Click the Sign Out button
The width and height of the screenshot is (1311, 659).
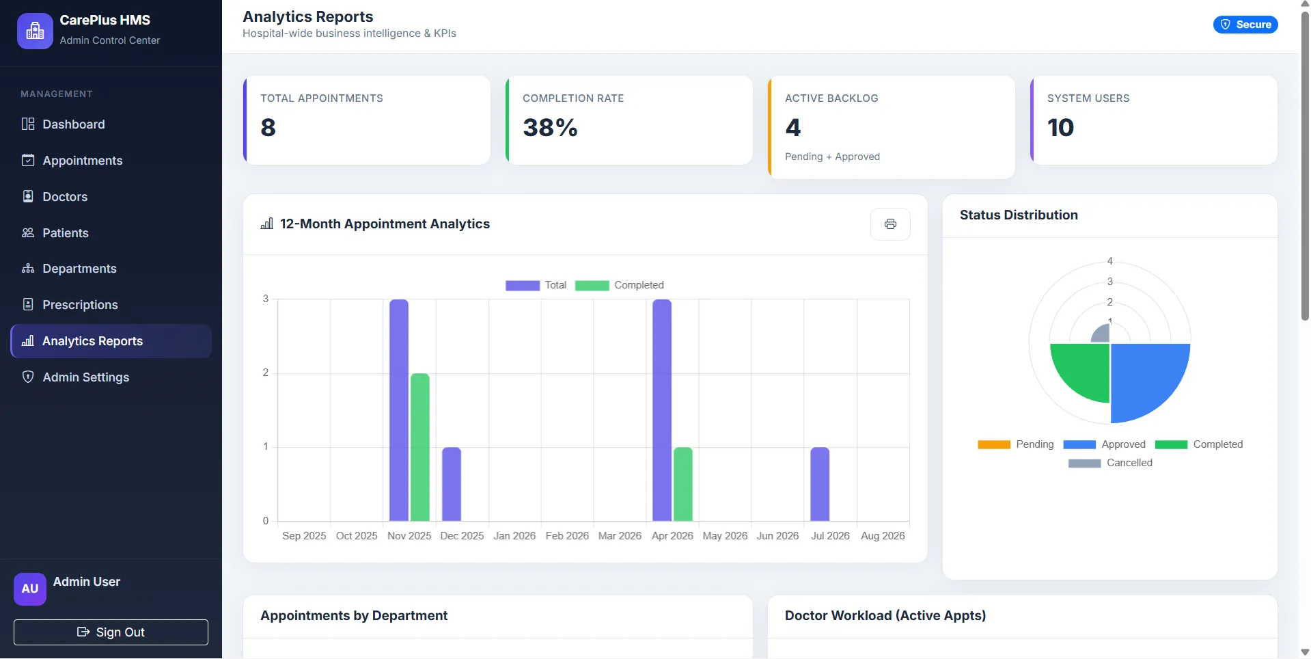point(111,632)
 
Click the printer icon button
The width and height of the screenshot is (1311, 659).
point(890,224)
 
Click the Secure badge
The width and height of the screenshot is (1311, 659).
point(1245,25)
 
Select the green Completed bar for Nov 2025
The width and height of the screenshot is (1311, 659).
point(420,447)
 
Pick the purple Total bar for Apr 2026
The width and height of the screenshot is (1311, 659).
point(662,410)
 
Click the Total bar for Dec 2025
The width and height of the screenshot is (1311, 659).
point(452,484)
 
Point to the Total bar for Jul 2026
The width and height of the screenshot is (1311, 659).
point(820,484)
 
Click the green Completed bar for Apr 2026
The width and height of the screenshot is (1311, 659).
point(683,484)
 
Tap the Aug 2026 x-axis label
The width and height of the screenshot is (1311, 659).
point(883,536)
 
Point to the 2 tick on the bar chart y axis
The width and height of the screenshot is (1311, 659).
point(266,373)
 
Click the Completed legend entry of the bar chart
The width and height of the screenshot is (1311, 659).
point(620,285)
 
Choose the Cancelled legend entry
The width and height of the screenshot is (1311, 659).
point(1110,463)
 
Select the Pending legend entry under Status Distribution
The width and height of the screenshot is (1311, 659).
point(1016,444)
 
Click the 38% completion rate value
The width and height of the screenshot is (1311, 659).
point(550,128)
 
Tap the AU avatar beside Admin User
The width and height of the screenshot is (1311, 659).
point(30,589)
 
